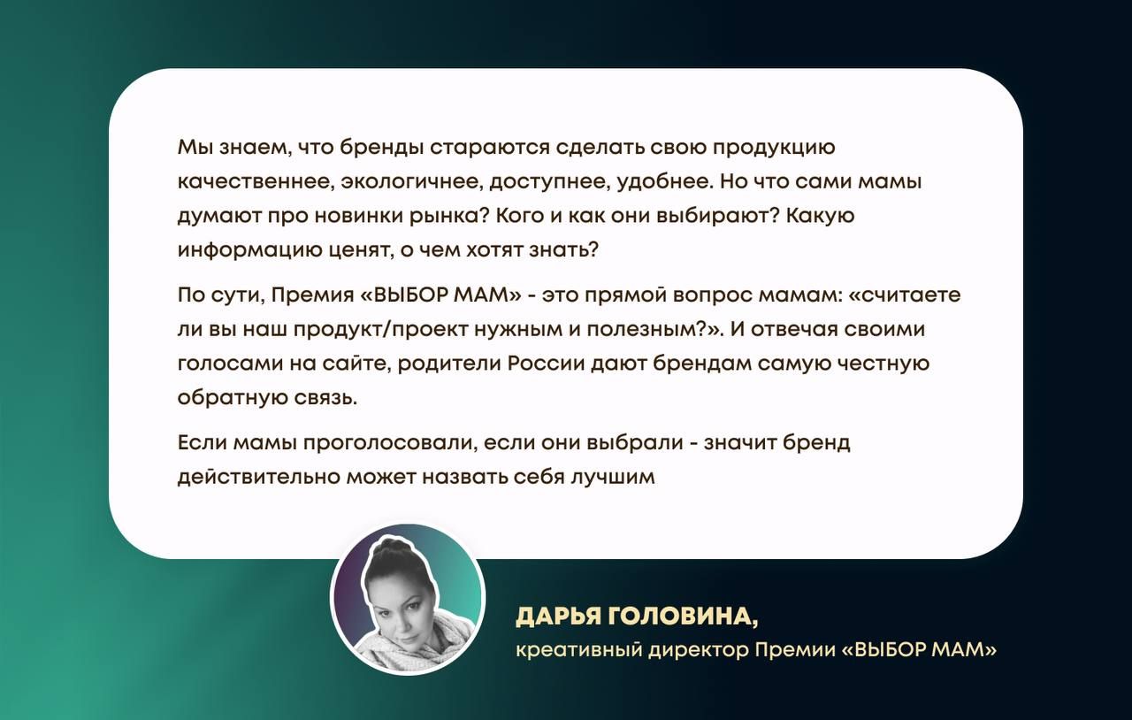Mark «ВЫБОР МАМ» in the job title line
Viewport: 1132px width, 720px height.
coord(919,650)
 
